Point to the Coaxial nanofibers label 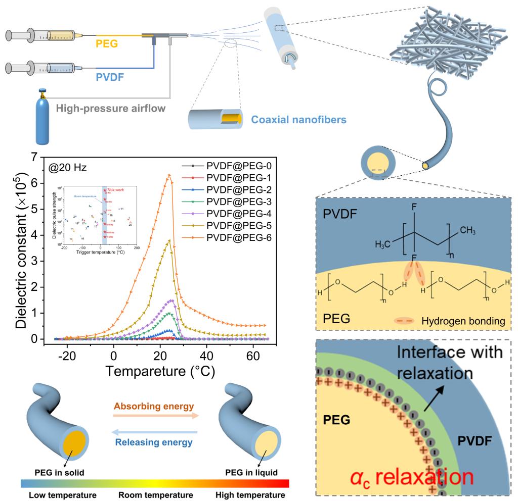[x=298, y=120]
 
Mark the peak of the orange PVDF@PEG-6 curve [x=169, y=175]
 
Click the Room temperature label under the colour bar [x=156, y=495]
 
